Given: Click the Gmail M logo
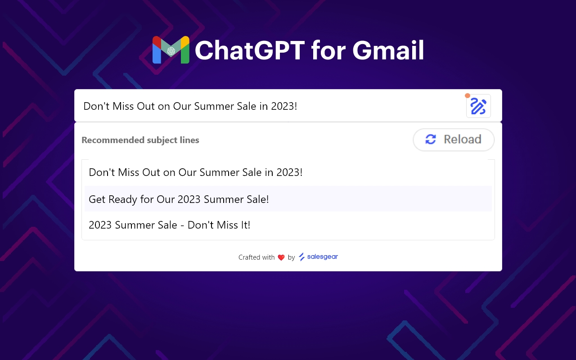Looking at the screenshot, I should click(171, 50).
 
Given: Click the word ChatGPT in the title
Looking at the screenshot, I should click(250, 50).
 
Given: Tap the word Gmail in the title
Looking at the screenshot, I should click(388, 50).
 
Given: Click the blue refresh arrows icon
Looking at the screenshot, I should click(431, 139).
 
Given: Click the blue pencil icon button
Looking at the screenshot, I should click(478, 107).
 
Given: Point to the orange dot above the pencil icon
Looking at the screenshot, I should click(468, 96).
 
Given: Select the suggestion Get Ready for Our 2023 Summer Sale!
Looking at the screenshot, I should click(179, 199).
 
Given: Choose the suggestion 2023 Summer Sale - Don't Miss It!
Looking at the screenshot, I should click(169, 225).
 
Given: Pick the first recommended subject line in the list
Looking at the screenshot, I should click(195, 172).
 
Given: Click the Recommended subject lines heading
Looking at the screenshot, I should click(140, 140).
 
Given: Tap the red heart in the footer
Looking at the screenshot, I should click(281, 257).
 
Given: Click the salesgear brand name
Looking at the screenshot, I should click(322, 257).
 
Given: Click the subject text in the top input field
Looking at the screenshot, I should click(190, 107).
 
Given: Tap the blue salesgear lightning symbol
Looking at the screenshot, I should click(301, 257).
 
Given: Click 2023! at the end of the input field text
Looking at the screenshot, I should click(284, 107).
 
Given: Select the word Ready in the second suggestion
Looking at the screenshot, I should click(123, 199).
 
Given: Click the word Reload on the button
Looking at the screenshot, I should click(463, 139).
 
